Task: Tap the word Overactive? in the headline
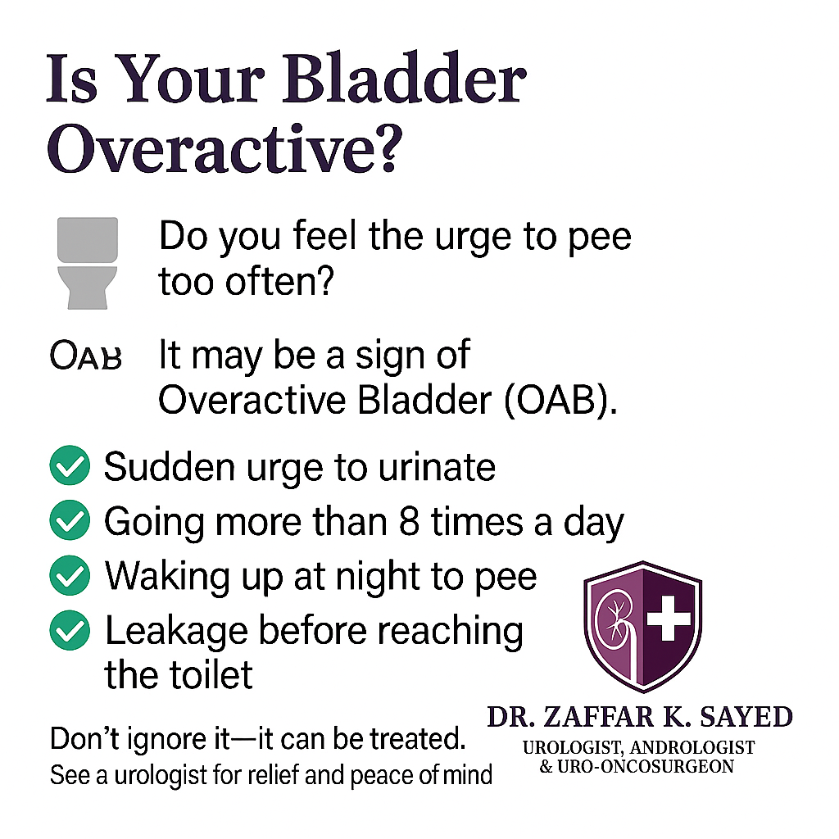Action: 224,147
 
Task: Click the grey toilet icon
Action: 87,263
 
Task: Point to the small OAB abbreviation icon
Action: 85,356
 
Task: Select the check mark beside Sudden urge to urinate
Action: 70,465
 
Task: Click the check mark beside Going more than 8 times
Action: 70,520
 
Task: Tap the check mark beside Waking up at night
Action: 70,575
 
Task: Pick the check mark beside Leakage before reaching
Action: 70,630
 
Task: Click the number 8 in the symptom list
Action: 409,521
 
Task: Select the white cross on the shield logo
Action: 669,619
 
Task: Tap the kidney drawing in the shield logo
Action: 615,621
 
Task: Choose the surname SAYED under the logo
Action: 746,717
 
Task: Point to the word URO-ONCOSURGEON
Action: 646,767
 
